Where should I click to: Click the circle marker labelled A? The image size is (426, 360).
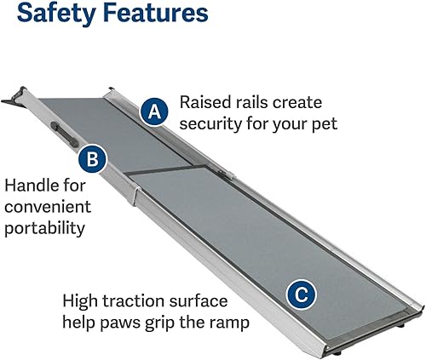tap(153, 111)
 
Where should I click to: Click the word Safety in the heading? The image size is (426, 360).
tap(55, 14)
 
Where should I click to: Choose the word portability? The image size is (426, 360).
tap(47, 227)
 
